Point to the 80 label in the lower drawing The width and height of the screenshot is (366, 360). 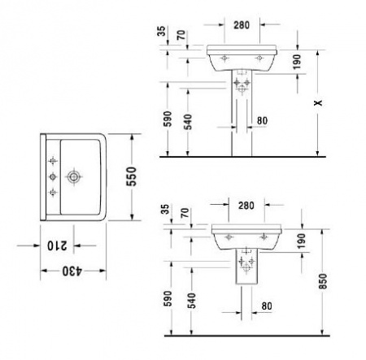tap(266, 306)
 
